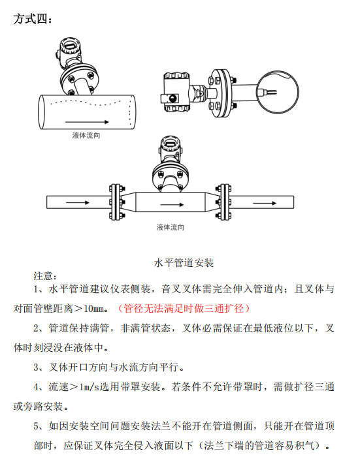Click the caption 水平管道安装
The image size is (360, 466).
pyautogui.click(x=184, y=263)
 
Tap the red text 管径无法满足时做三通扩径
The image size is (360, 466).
pyautogui.click(x=184, y=309)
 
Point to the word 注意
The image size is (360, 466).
pyautogui.click(x=43, y=276)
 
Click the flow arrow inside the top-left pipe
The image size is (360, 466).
pyautogui.click(x=87, y=122)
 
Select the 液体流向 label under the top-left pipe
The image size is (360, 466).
pyautogui.click(x=86, y=136)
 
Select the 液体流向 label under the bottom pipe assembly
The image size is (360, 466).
pyautogui.click(x=170, y=227)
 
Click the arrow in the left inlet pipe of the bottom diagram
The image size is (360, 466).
pyautogui.click(x=77, y=203)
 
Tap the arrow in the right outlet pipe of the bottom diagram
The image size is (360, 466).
pyautogui.click(x=265, y=203)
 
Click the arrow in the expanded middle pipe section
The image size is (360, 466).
pyautogui.click(x=172, y=204)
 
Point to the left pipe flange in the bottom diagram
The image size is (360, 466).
pyautogui.click(x=116, y=202)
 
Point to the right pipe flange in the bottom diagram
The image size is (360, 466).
pyautogui.click(x=223, y=202)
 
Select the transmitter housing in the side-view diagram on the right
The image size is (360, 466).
pyautogui.click(x=176, y=93)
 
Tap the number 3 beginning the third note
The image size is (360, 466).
pyautogui.click(x=36, y=367)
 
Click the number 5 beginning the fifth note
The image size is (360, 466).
pyautogui.click(x=36, y=426)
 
